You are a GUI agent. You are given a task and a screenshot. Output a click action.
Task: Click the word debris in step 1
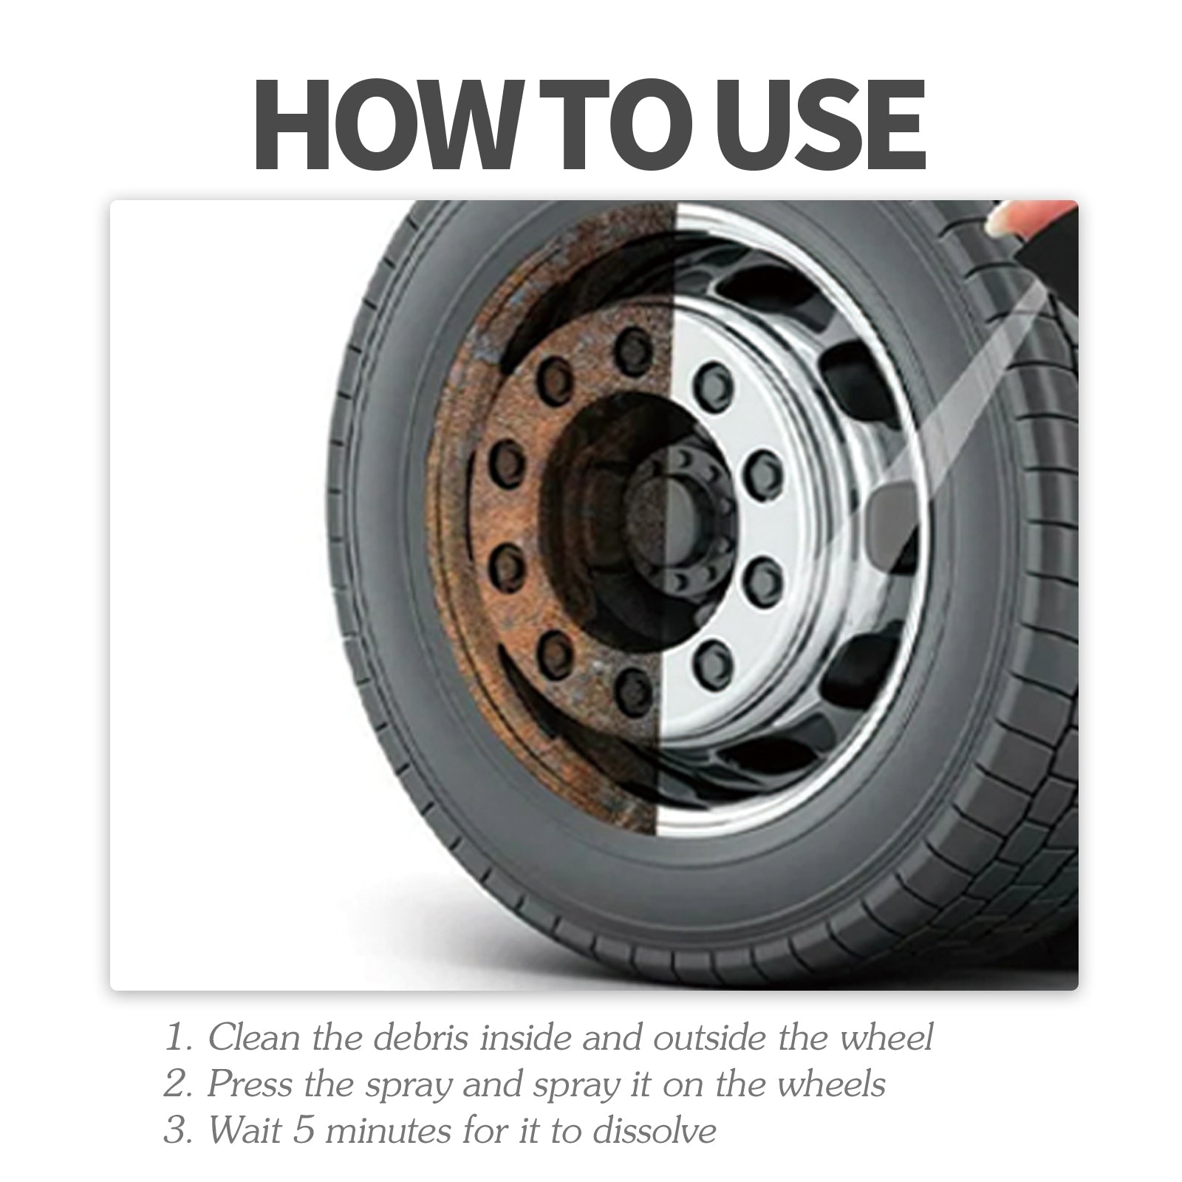[420, 1036]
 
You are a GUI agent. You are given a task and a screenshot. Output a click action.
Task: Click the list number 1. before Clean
[180, 1037]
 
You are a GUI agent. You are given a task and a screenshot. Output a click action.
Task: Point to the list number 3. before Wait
[178, 1131]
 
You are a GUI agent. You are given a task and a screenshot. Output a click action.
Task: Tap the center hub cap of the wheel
[665, 510]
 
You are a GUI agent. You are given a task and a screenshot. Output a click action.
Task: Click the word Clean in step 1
[256, 1036]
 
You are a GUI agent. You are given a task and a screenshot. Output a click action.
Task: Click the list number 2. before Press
[178, 1084]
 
